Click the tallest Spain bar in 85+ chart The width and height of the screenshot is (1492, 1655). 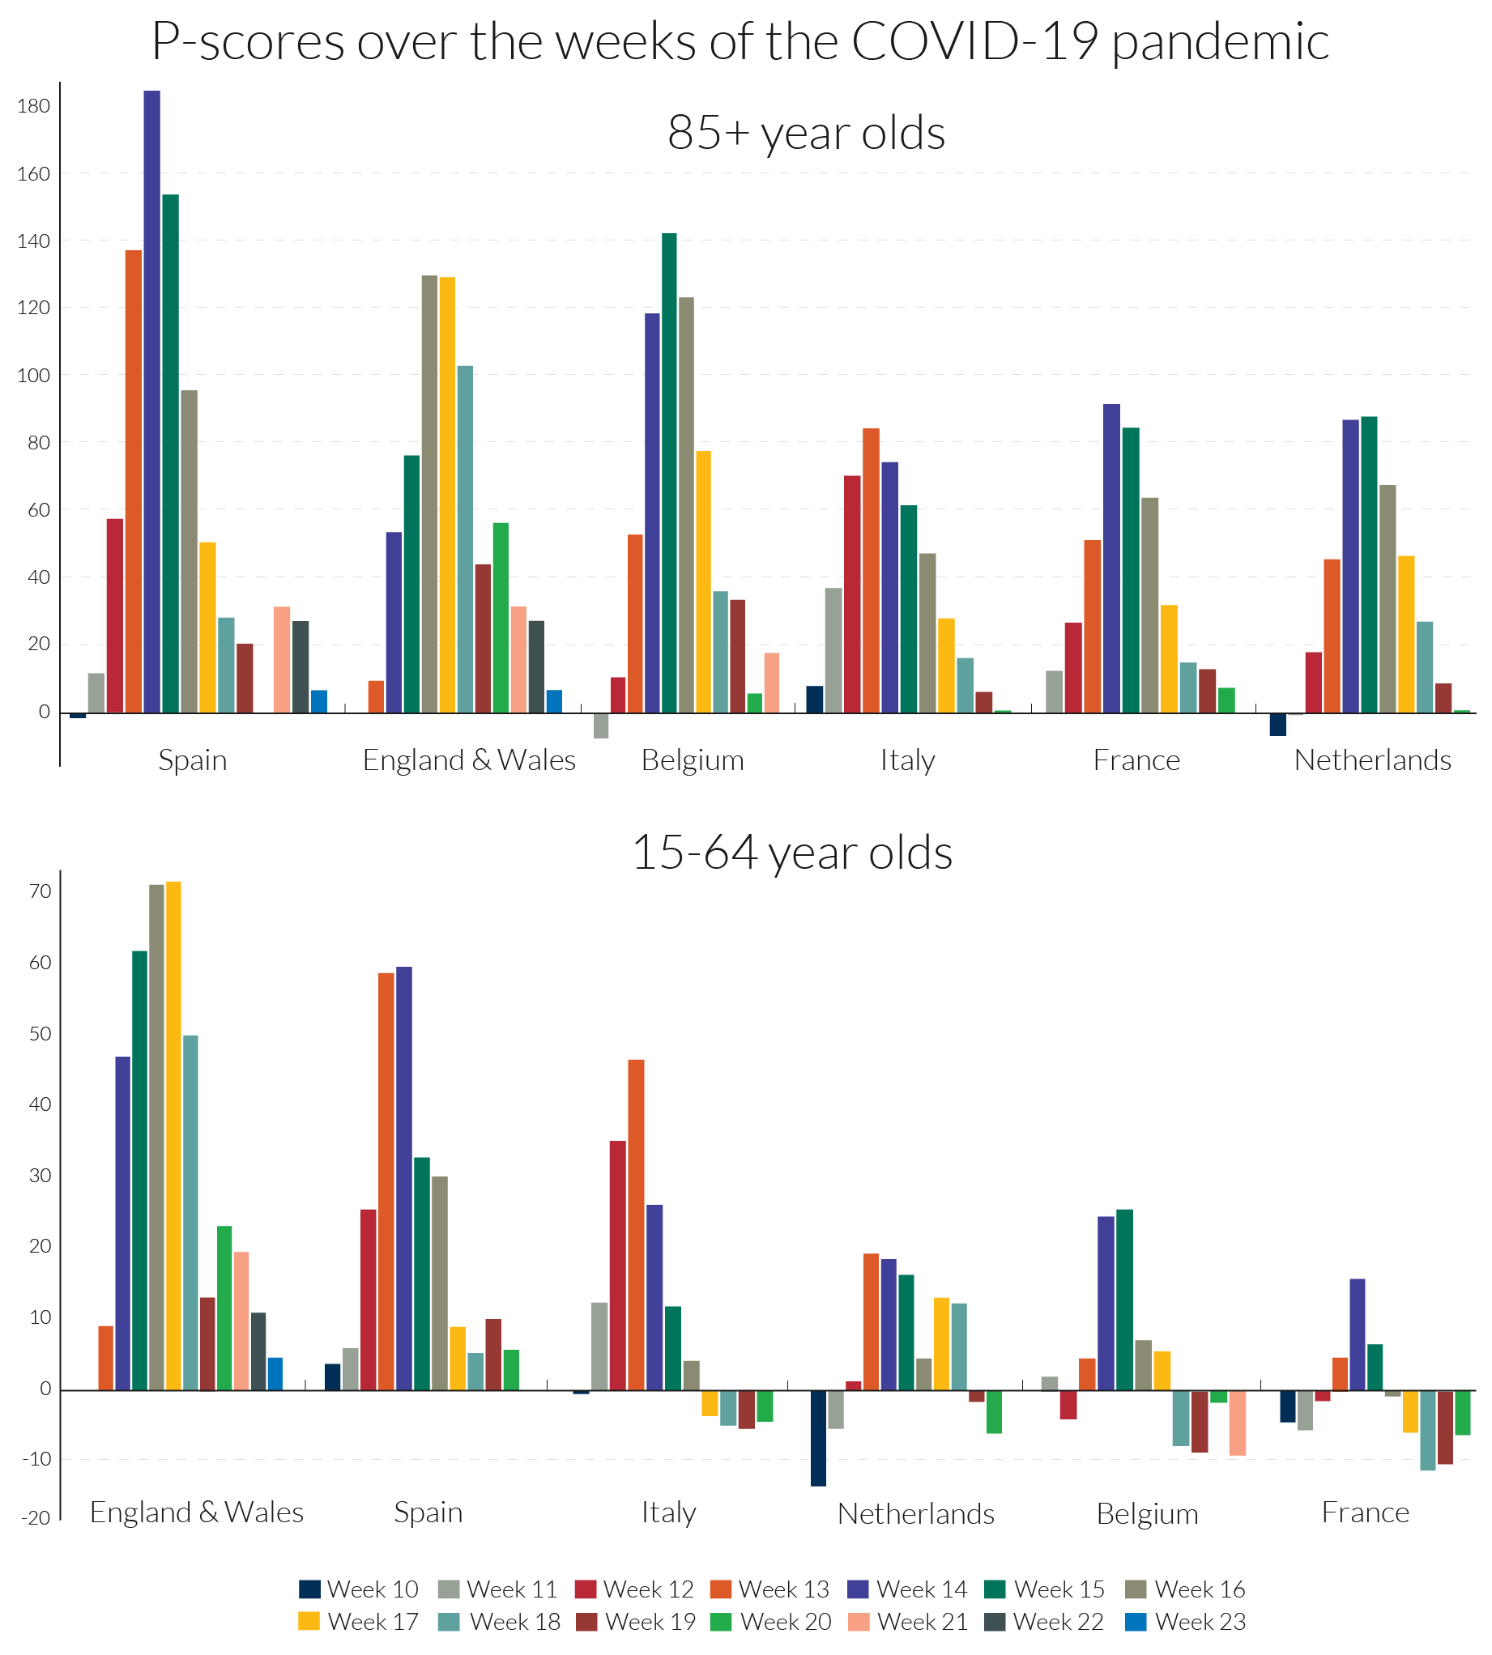click(151, 402)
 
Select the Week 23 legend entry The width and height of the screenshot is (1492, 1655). click(1185, 1622)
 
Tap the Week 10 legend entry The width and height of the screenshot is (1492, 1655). click(358, 1589)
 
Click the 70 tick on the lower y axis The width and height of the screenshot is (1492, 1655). click(40, 891)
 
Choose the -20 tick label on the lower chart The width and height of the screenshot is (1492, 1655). click(36, 1518)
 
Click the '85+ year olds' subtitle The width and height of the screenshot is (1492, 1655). click(806, 133)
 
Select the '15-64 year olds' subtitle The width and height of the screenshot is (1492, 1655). click(792, 853)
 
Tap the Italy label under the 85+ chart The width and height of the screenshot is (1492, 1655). click(907, 760)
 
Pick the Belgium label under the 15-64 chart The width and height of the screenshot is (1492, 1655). click(1147, 1514)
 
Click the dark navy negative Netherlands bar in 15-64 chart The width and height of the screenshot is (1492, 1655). click(818, 1438)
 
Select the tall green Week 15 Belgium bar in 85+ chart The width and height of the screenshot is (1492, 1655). click(669, 473)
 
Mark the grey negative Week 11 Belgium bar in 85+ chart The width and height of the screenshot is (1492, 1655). click(601, 726)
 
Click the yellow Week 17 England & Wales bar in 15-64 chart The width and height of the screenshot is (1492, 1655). click(174, 1135)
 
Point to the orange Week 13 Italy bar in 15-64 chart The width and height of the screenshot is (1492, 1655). click(636, 1225)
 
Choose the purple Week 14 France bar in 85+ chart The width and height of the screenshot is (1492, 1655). click(1111, 558)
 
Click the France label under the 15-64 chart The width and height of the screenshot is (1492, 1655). click(1365, 1512)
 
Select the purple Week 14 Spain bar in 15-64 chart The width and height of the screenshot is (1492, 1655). click(404, 1178)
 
